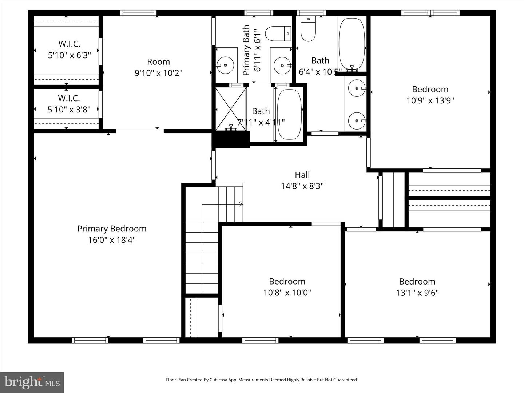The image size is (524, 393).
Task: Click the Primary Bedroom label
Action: coord(112,229)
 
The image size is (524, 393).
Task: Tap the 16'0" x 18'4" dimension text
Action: coord(112,240)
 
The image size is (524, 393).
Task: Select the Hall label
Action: coord(302,175)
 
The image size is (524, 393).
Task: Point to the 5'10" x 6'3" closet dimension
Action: coord(69,55)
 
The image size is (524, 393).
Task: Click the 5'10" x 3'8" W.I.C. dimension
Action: coord(69,110)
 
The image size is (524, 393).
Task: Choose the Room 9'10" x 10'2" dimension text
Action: coord(158,73)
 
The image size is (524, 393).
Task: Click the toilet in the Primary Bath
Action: coord(278,33)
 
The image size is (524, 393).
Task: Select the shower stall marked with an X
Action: coord(231,109)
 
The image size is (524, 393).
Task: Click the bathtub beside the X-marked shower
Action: coord(289,114)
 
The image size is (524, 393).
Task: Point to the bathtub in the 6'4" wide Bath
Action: coord(352,43)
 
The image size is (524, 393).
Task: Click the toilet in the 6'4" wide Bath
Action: coord(308,29)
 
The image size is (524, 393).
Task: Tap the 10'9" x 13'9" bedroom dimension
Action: coord(430,100)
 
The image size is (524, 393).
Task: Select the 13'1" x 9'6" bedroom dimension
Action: coord(417,293)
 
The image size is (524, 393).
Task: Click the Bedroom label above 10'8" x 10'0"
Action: coord(287,281)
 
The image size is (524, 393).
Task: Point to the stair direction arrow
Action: coord(240,205)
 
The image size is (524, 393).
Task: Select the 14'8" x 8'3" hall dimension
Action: coord(302,186)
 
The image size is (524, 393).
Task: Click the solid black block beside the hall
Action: coord(231,139)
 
